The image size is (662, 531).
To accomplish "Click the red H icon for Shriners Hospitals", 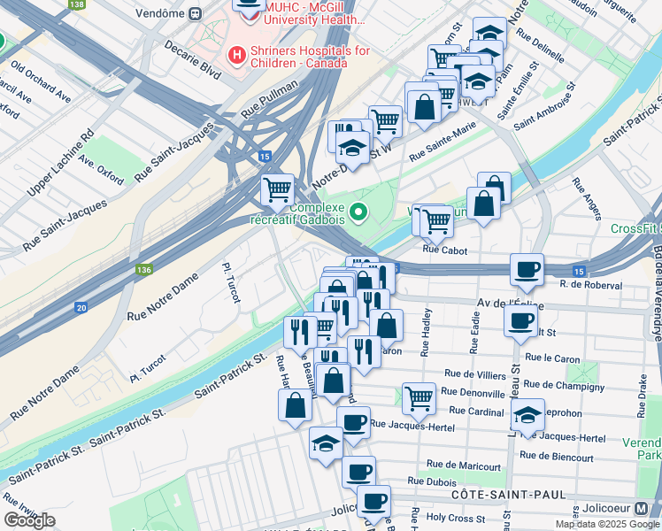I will (x=237, y=56).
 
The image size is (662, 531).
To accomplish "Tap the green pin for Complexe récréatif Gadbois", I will (x=358, y=212).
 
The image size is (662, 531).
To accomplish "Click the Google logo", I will (x=29, y=520).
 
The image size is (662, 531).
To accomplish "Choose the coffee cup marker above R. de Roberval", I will (x=527, y=269).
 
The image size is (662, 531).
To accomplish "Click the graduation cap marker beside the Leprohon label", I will (x=527, y=415).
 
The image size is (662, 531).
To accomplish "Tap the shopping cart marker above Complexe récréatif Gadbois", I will (x=278, y=188).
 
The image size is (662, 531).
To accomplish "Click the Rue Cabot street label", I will (x=444, y=250).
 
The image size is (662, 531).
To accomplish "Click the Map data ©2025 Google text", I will (x=606, y=524).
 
